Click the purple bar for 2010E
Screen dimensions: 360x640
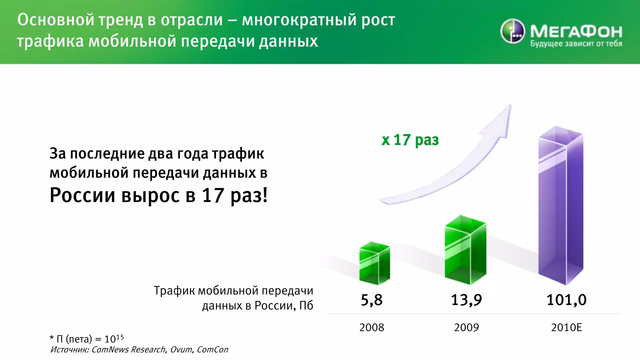pos(561,206)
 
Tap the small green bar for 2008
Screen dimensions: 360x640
pos(374,264)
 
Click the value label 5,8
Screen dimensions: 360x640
pos(372,300)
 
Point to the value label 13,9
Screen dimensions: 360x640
pos(466,300)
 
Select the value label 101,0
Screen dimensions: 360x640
pos(566,300)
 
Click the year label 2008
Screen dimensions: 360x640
pos(372,327)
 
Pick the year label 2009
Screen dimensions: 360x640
pos(466,327)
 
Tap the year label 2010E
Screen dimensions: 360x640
pos(566,327)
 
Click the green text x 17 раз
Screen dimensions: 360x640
pos(410,140)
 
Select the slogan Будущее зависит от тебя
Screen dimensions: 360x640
pos(576,44)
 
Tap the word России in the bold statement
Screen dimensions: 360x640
pos(82,195)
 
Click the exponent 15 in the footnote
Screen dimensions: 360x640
pos(120,337)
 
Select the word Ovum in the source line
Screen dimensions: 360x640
pos(181,350)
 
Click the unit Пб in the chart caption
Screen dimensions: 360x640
pos(306,305)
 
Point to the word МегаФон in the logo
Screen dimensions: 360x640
pos(576,31)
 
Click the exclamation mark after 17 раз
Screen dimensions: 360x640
pos(265,195)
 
